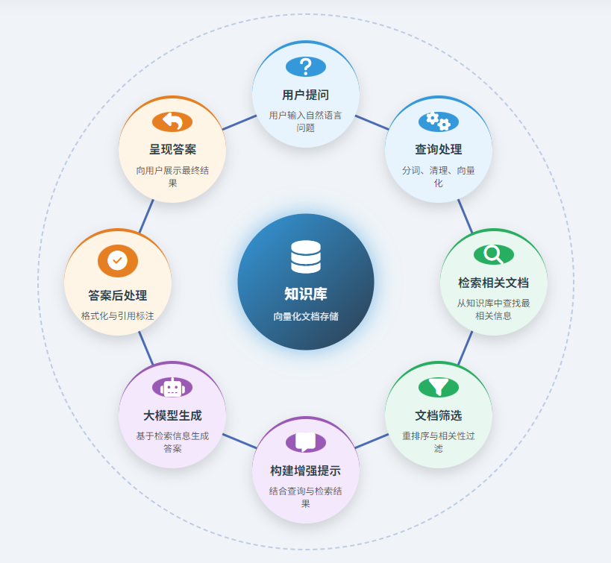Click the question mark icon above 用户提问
(x=306, y=66)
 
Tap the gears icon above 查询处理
(x=438, y=121)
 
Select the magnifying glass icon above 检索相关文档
(x=493, y=254)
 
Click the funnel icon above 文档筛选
(x=438, y=387)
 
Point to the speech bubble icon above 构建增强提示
(x=306, y=441)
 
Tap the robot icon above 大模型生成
(x=172, y=388)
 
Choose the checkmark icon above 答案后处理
(x=118, y=260)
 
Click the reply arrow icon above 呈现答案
(x=172, y=121)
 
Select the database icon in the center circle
(x=306, y=257)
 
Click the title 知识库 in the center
(x=306, y=294)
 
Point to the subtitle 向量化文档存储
(x=306, y=316)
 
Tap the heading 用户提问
(x=306, y=95)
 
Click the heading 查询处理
(x=438, y=149)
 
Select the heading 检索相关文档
(x=493, y=283)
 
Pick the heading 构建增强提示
(x=306, y=471)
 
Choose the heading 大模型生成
(x=172, y=415)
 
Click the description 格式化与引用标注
(x=118, y=315)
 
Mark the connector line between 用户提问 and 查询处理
(x=372, y=122)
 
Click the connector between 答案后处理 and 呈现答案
(x=146, y=216)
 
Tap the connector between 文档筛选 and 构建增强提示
(x=372, y=441)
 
